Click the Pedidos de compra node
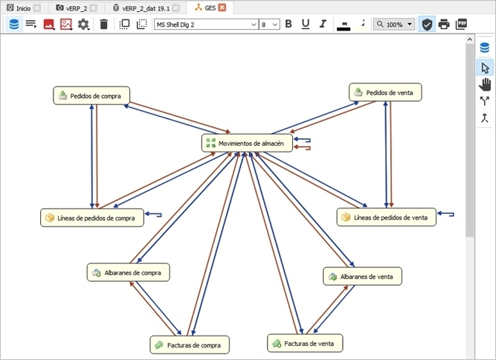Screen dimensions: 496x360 pos(91,95)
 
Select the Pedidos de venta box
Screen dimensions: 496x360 pos(385,92)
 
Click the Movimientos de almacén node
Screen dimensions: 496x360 pos(247,144)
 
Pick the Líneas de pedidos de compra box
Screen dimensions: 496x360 pos(92,218)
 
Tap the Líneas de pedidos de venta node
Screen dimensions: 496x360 pos(387,217)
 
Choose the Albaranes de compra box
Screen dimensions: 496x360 pos(129,272)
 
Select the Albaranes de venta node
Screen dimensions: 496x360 pos(362,276)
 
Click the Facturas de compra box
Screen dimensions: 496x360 pos(190,345)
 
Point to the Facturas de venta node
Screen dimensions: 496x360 pos(305,343)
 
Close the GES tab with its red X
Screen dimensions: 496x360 pos(222,7)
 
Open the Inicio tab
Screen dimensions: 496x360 pos(23,8)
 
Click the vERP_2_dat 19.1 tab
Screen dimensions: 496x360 pos(146,8)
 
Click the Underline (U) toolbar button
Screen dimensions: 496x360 pos(306,24)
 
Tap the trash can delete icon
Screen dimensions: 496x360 pos(104,24)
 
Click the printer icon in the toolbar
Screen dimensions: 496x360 pos(444,24)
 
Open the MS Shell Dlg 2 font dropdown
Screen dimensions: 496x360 pos(206,25)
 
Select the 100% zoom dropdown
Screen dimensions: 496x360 pos(394,24)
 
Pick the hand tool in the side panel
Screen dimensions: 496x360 pos(485,85)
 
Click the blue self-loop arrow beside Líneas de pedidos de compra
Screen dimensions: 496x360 pos(153,215)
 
